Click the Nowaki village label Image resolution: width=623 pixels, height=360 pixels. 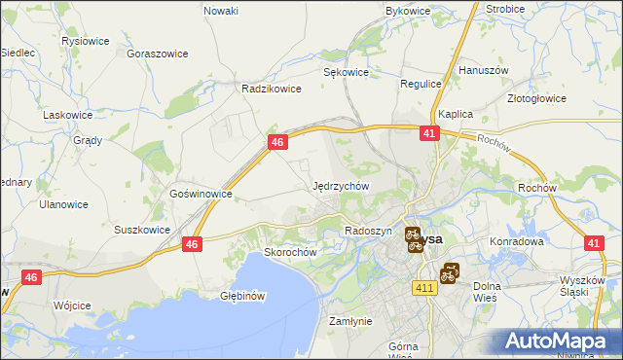221,11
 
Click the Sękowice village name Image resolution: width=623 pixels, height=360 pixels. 346,72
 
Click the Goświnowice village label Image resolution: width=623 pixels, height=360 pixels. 201,194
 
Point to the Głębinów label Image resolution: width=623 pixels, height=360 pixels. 243,295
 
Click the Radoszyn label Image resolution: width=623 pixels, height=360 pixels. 368,231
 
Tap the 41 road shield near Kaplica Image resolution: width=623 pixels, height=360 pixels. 430,134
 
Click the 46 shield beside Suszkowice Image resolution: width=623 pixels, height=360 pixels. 193,245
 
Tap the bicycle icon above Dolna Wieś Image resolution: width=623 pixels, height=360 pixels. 449,273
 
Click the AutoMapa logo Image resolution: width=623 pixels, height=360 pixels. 560,341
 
